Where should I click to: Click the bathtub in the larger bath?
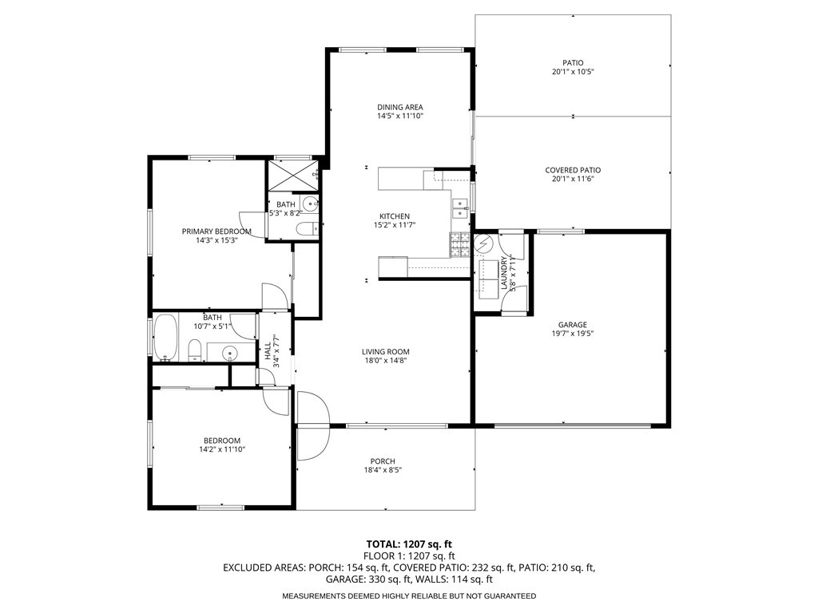pyautogui.click(x=166, y=337)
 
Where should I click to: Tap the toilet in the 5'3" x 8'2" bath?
pyautogui.click(x=305, y=230)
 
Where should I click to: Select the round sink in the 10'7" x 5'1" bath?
pyautogui.click(x=229, y=351)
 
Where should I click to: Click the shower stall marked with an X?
pyautogui.click(x=292, y=174)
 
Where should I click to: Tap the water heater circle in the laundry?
pyautogui.click(x=484, y=244)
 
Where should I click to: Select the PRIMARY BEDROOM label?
pyautogui.click(x=216, y=231)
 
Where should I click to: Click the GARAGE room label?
pyautogui.click(x=572, y=325)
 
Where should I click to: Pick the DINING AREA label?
pyautogui.click(x=400, y=107)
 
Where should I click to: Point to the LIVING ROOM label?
pyautogui.click(x=385, y=351)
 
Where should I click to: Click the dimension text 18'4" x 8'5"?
pyautogui.click(x=383, y=470)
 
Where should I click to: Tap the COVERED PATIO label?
pyautogui.click(x=573, y=170)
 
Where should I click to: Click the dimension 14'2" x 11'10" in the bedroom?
pyautogui.click(x=222, y=449)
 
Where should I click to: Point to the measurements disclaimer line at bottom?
pyautogui.click(x=409, y=596)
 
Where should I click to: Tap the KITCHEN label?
pyautogui.click(x=395, y=216)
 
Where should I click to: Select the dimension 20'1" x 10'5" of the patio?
pyautogui.click(x=573, y=72)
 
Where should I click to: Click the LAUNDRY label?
pyautogui.click(x=503, y=271)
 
